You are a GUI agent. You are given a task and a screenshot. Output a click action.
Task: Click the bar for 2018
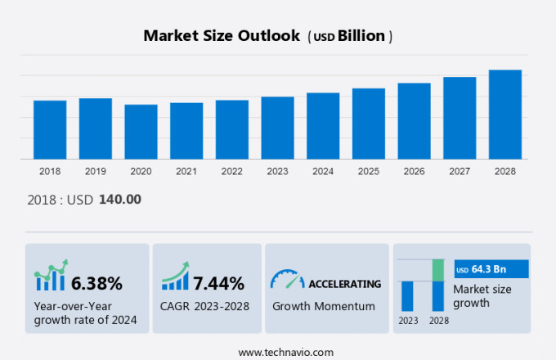(50, 129)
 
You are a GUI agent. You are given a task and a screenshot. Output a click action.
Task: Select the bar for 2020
(141, 132)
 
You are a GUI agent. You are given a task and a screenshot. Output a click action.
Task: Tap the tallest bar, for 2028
(505, 115)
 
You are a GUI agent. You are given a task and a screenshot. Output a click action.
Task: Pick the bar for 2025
(369, 124)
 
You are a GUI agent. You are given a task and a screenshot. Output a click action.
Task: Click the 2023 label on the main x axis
(277, 171)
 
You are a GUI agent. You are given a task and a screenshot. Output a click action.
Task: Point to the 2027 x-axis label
(460, 171)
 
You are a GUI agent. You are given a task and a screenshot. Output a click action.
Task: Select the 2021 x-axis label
(186, 171)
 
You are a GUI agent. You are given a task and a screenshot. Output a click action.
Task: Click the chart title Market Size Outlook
(222, 36)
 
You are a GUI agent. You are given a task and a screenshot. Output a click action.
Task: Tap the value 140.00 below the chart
(119, 199)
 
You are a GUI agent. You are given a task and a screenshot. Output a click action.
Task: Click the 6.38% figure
(96, 284)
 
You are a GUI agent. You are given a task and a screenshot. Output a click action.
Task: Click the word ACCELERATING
(344, 284)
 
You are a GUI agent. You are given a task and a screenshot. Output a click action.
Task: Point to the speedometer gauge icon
(287, 280)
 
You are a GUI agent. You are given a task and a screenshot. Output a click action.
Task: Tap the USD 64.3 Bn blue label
(491, 269)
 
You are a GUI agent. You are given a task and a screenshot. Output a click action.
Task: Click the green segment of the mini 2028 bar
(438, 270)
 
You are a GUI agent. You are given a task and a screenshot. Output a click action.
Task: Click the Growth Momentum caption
(324, 306)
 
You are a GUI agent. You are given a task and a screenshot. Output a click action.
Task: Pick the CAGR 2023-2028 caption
(205, 306)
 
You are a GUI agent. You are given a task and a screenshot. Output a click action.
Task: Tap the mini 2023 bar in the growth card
(407, 295)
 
